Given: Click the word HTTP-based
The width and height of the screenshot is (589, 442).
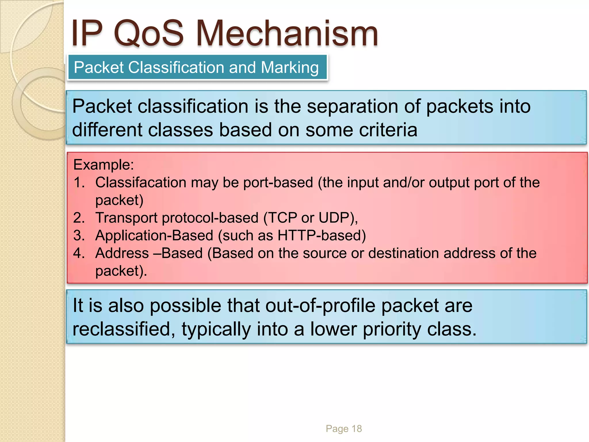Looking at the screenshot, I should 321,235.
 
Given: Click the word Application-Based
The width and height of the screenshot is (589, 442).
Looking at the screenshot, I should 154,235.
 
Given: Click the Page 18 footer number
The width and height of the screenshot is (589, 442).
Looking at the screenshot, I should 344,429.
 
